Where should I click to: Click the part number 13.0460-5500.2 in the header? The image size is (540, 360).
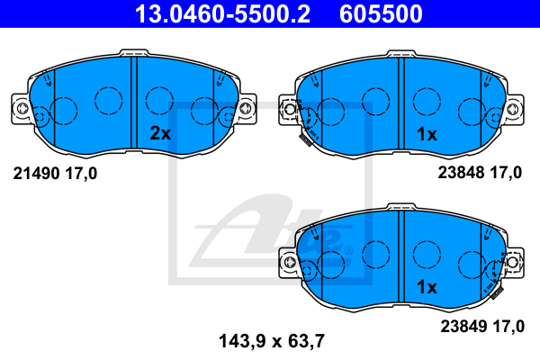[222, 13]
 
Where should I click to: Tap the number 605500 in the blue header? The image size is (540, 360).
[381, 13]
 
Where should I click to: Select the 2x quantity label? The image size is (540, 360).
[160, 133]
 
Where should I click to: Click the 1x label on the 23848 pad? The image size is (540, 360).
[427, 134]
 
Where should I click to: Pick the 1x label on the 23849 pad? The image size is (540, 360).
[427, 286]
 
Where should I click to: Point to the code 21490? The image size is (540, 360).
[37, 174]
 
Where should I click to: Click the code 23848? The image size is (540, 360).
[462, 172]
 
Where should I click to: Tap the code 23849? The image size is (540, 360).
[463, 326]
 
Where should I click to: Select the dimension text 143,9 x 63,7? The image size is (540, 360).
[272, 341]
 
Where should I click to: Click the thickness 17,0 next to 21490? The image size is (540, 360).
[81, 174]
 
